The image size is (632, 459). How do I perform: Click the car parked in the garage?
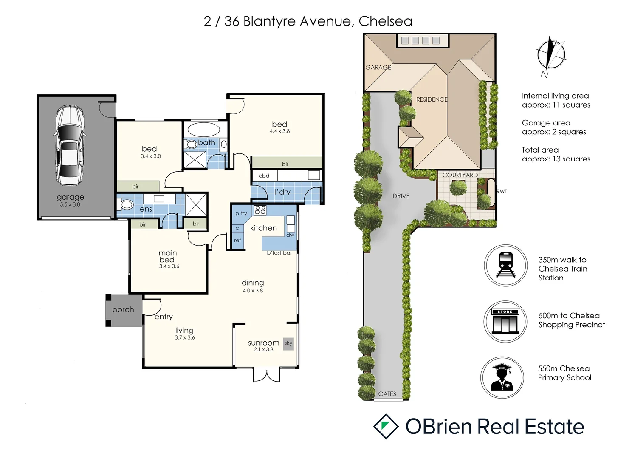[69, 145]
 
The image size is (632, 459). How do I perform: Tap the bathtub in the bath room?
[203, 130]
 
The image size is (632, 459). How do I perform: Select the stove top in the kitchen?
[260, 210]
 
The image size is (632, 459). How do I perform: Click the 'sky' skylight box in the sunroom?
[288, 343]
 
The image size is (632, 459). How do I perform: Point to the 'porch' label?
[123, 310]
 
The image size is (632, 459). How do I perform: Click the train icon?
[505, 265]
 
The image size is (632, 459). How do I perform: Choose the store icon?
[505, 322]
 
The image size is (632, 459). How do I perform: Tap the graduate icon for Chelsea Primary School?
[502, 377]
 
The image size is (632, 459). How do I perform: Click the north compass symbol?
[550, 56]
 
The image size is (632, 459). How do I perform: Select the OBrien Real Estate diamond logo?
[386, 426]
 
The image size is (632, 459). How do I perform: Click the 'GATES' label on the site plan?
[387, 394]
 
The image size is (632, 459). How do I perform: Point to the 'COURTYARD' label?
[460, 175]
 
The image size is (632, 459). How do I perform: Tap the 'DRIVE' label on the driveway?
[401, 196]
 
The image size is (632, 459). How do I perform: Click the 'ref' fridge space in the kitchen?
[237, 241]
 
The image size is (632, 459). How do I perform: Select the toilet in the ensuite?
[125, 204]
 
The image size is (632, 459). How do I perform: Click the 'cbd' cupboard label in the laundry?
[264, 176]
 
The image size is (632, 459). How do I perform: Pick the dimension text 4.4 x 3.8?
[279, 131]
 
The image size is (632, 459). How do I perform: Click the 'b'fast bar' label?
[279, 253]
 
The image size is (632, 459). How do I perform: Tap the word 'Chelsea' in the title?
[385, 21]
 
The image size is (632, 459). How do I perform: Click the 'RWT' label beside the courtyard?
[502, 191]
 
